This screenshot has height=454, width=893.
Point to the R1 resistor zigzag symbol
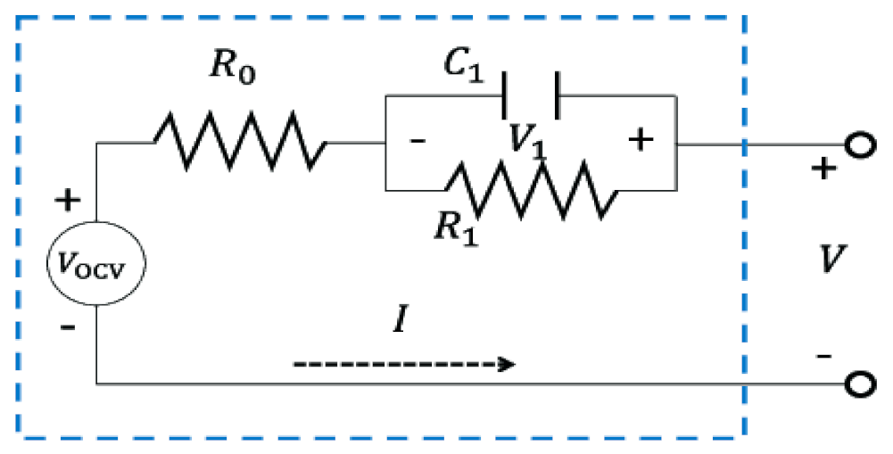point(531,189)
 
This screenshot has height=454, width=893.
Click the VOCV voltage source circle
point(96,263)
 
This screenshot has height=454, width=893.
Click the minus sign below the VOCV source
point(67,327)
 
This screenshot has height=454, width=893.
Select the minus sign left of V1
point(417,142)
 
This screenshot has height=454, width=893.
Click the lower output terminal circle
point(858,384)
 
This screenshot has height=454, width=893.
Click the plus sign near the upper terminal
point(823,168)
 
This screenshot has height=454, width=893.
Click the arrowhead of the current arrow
point(509,365)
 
